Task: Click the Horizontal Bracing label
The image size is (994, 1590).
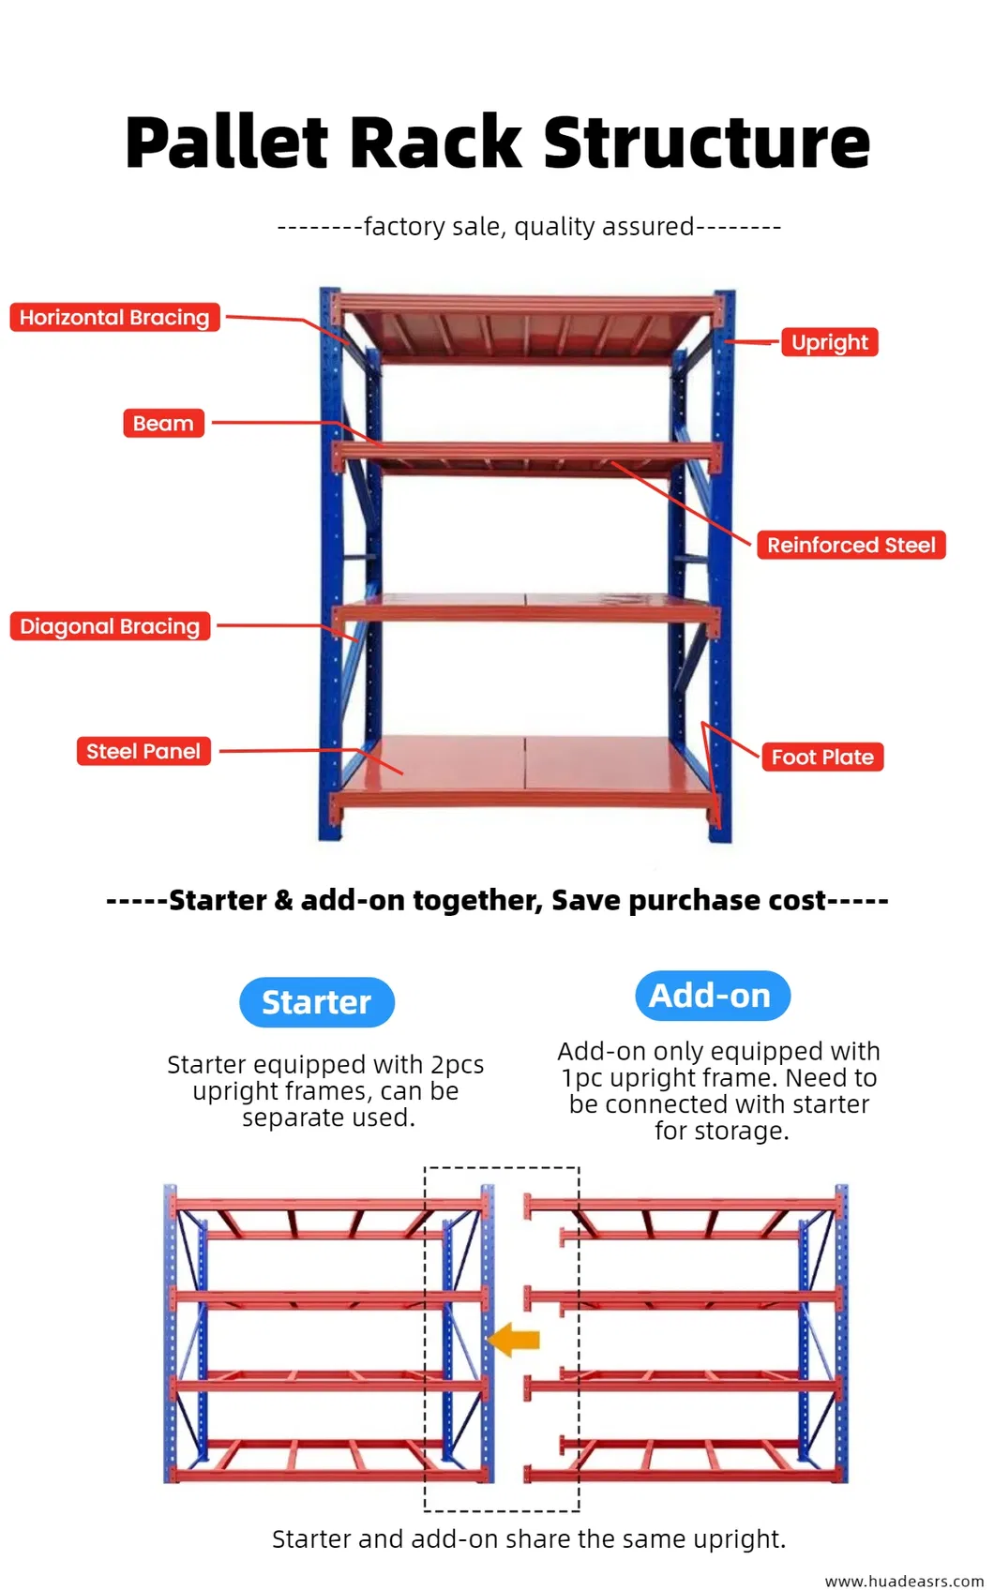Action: click(x=114, y=318)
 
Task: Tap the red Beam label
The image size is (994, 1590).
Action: click(x=163, y=424)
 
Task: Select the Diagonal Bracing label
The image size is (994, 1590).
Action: click(x=110, y=626)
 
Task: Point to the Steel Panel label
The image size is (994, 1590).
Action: click(x=143, y=752)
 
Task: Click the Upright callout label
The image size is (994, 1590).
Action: click(x=830, y=342)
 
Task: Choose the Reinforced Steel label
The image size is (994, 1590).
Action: click(x=851, y=546)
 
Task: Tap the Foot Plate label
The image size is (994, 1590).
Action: click(x=822, y=757)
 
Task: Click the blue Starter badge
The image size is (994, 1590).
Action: click(x=317, y=1002)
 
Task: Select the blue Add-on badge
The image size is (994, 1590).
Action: click(x=712, y=996)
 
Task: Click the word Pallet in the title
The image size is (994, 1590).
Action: click(x=227, y=143)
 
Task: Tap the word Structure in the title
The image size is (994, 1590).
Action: click(x=707, y=143)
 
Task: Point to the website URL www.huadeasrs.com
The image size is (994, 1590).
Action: click(x=904, y=1581)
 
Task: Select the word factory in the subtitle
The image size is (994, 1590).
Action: click(x=404, y=227)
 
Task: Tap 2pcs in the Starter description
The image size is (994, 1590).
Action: click(x=457, y=1065)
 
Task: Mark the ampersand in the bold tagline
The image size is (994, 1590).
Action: click(x=283, y=901)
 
